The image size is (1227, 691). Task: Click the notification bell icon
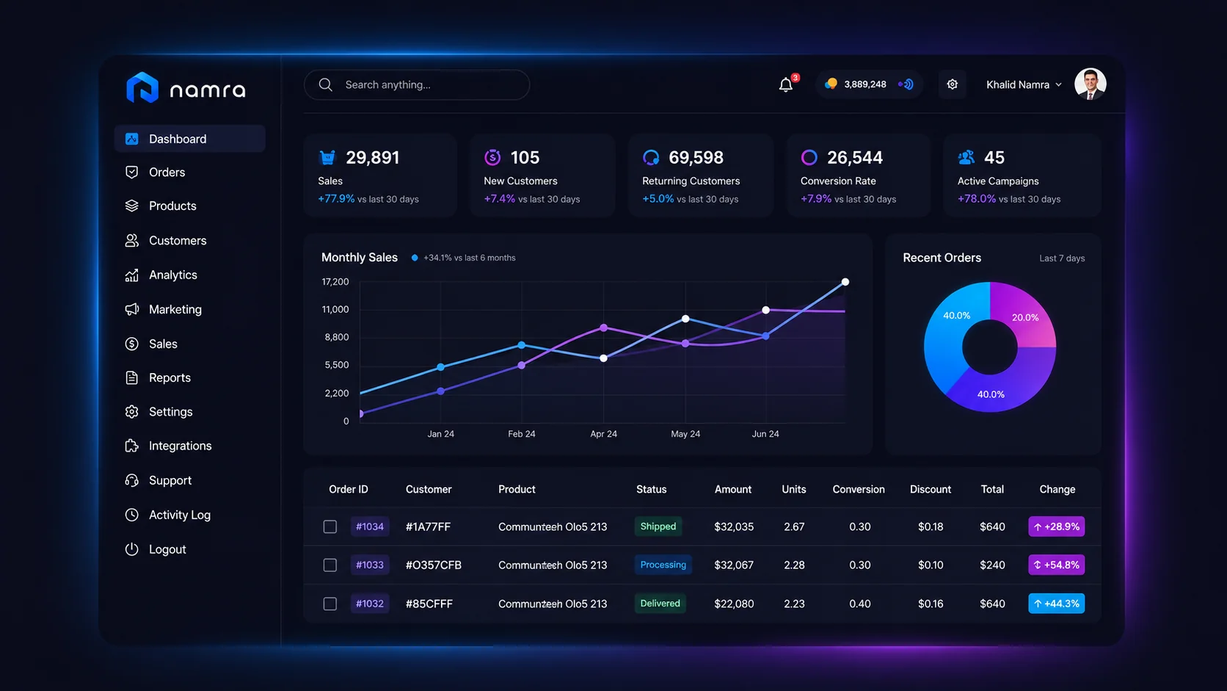[785, 84]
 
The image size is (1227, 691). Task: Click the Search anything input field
[417, 84]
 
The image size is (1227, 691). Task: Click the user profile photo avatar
[1090, 84]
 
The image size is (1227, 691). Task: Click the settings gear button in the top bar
[952, 84]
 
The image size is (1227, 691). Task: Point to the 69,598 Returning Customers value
[696, 158]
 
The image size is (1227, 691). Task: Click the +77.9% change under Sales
[336, 198]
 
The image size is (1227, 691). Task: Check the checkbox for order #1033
[329, 565]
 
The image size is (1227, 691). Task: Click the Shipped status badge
[658, 526]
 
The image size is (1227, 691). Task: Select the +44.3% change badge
[1056, 604]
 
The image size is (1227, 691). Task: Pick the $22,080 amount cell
[733, 604]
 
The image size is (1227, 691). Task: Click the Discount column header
[930, 489]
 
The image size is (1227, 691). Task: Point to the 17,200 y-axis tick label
[335, 282]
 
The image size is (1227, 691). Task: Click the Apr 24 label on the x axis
[603, 433]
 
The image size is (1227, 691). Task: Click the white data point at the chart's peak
[845, 282]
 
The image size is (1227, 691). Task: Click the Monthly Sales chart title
[360, 258]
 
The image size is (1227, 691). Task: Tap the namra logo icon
[142, 87]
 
